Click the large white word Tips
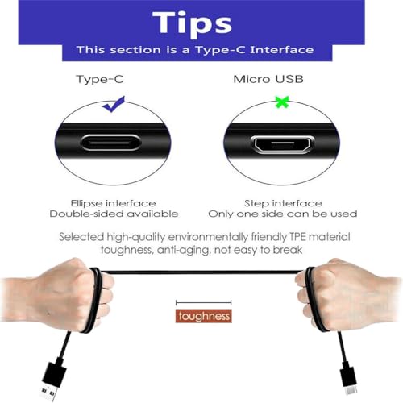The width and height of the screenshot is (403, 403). click(x=192, y=23)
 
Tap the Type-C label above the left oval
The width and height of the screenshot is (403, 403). click(x=100, y=80)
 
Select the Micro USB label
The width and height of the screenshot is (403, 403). click(x=268, y=79)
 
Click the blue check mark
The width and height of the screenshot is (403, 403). click(x=114, y=104)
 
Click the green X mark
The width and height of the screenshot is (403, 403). click(x=282, y=102)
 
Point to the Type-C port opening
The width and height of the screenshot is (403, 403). click(x=110, y=143)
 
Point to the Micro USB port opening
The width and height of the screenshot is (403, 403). click(x=282, y=144)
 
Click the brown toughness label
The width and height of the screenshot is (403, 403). click(x=204, y=316)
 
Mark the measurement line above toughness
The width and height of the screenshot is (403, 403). click(x=204, y=303)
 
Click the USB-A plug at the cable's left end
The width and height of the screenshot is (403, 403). click(x=52, y=380)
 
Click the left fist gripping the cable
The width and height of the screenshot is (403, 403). click(x=62, y=294)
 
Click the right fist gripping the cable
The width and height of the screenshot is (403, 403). click(x=347, y=294)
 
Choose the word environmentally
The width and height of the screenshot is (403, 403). click(x=209, y=237)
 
